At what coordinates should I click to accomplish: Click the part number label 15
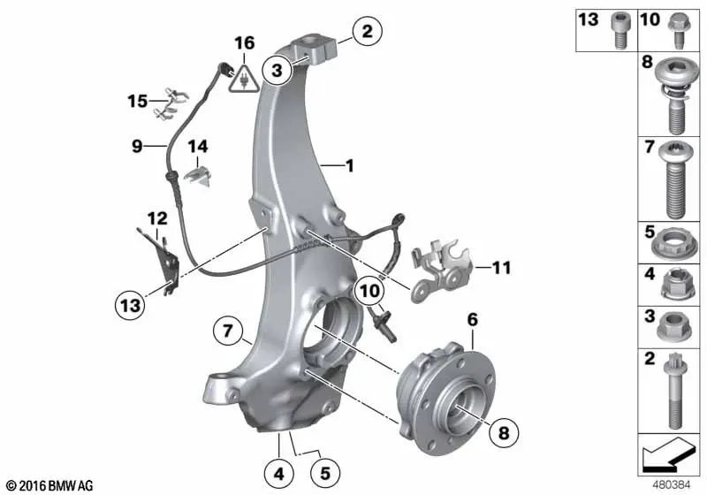pyautogui.click(x=136, y=102)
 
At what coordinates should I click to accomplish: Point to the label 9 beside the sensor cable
pyautogui.click(x=137, y=146)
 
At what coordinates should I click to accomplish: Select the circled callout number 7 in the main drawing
pyautogui.click(x=228, y=332)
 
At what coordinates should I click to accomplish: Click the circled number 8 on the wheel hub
pyautogui.click(x=504, y=433)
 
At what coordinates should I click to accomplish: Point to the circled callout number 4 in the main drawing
pyautogui.click(x=278, y=474)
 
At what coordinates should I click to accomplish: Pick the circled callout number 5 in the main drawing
pyautogui.click(x=326, y=474)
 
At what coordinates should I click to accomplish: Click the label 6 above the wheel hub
pyautogui.click(x=473, y=318)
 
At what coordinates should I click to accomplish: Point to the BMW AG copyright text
pyautogui.click(x=49, y=485)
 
